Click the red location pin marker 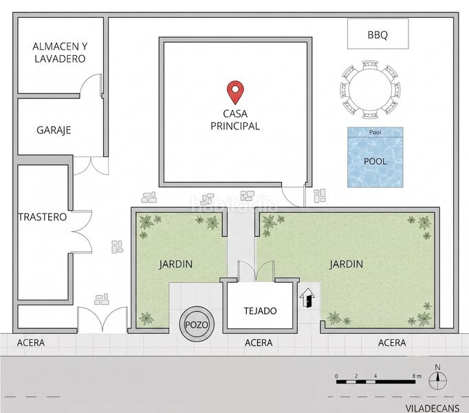235,92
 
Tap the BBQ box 378,34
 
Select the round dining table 370,89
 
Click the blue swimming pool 375,157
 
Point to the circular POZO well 197,324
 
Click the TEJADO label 260,311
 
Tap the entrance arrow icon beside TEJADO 307,297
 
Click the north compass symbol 437,378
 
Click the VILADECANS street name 433,408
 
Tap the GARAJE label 54,130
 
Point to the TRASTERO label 43,217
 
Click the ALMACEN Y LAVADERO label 60,52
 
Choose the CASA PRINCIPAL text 235,120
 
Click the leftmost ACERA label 31,343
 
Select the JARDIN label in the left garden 175,264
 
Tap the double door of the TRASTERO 80,231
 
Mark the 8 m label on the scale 417,376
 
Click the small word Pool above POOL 375,132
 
